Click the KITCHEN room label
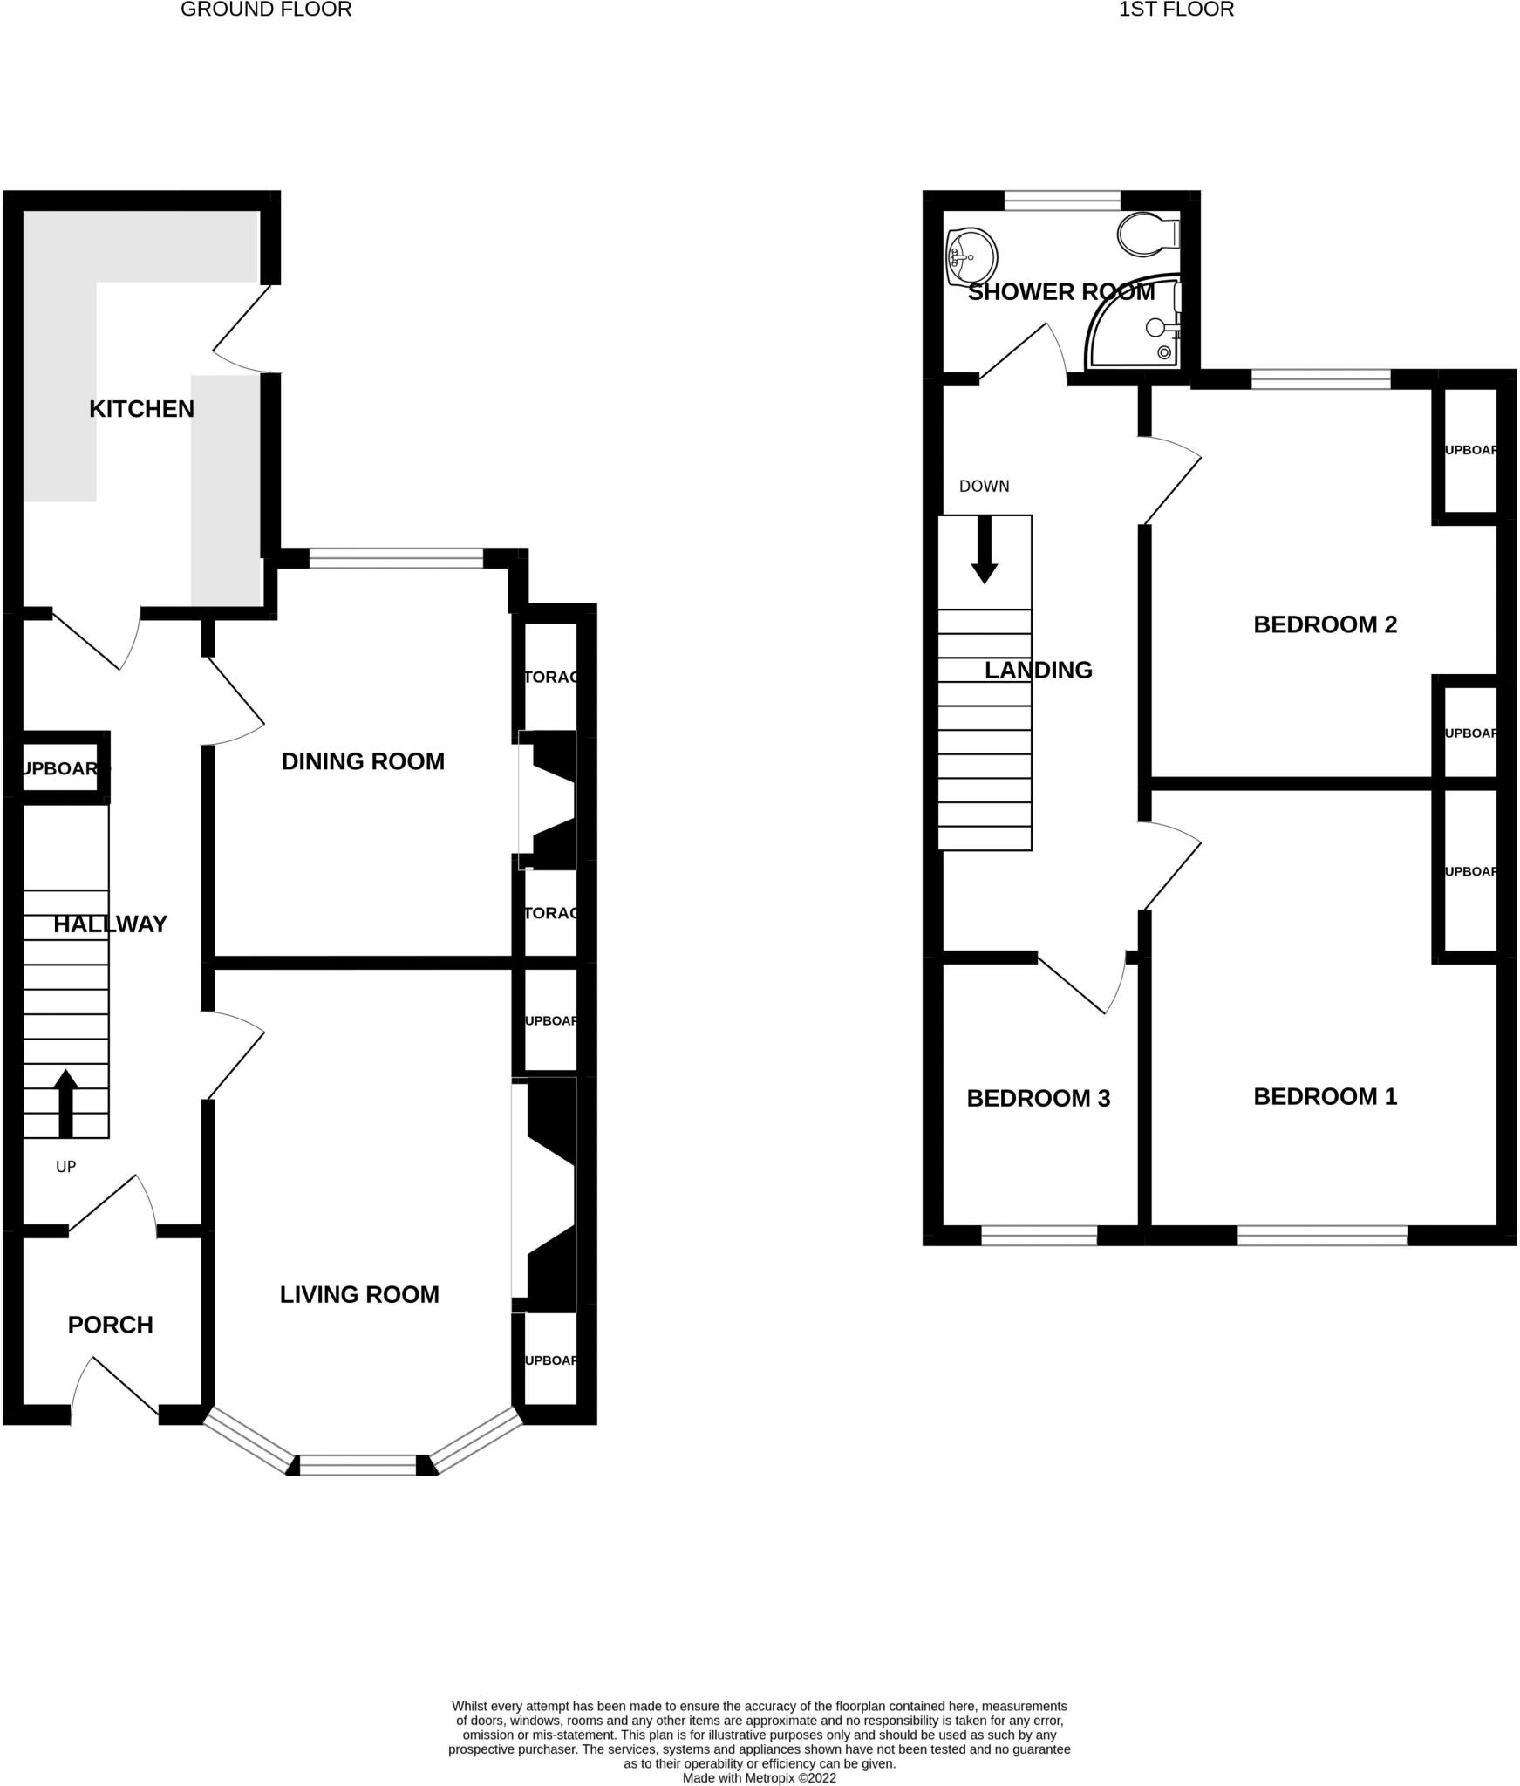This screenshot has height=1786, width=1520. click(141, 409)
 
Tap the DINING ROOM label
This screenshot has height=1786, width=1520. click(363, 761)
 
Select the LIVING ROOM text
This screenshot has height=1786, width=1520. click(359, 1294)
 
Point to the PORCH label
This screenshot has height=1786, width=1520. click(111, 1325)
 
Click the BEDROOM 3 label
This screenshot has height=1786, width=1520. click(1038, 1098)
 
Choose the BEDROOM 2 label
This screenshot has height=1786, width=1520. click(1325, 624)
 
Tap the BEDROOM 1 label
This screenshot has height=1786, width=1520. click(1325, 1096)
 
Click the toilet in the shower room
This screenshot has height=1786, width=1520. click(1147, 234)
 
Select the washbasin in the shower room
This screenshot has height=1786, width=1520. click(971, 256)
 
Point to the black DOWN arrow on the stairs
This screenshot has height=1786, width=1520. click(985, 549)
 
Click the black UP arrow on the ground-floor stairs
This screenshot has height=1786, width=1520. click(65, 1103)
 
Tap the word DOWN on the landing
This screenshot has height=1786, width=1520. click(984, 486)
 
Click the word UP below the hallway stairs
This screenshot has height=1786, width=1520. click(65, 1167)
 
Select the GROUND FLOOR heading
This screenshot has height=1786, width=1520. click(266, 10)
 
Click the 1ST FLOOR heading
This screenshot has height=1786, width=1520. click(1176, 10)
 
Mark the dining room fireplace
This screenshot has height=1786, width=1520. click(551, 800)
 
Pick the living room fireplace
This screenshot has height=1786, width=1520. click(549, 1195)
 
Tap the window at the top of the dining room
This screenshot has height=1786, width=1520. click(396, 558)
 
